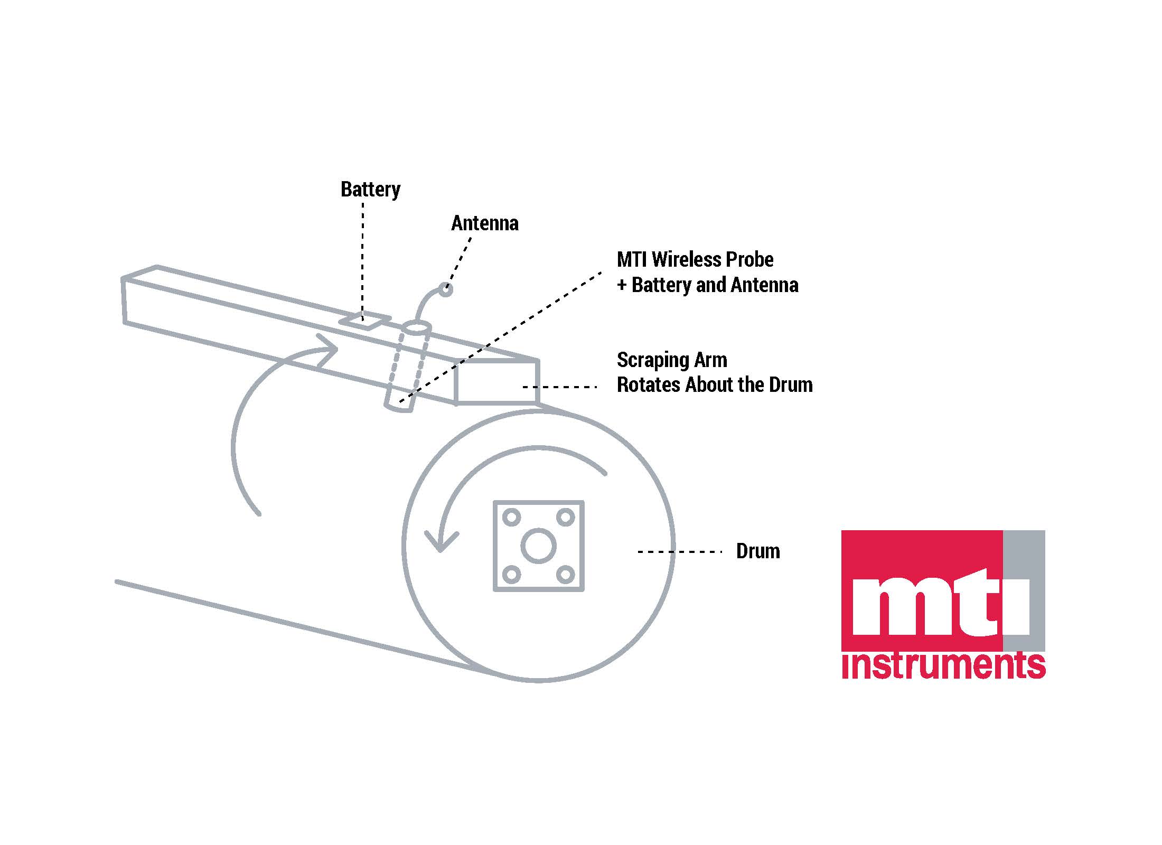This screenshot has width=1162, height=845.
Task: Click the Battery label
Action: (370, 189)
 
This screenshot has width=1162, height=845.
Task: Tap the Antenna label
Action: (484, 223)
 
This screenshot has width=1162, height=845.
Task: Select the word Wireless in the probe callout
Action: (687, 259)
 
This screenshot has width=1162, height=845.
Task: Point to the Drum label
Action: (758, 551)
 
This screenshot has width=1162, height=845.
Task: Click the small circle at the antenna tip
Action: (446, 290)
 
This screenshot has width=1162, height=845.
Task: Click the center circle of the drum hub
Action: (538, 546)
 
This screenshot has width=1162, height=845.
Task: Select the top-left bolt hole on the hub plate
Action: (511, 517)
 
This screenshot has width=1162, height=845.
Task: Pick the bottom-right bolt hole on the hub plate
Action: (566, 574)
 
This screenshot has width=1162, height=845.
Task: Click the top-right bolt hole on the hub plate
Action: (566, 517)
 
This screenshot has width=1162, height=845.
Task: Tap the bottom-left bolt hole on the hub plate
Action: (511, 574)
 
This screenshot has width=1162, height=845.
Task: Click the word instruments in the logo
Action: (943, 666)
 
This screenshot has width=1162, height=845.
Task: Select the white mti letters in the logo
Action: (940, 607)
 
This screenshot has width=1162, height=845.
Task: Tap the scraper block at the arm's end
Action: (496, 383)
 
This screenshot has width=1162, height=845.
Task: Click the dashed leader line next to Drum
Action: (680, 552)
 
